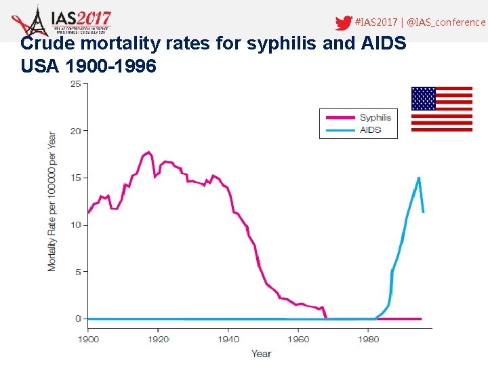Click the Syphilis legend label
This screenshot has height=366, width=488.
[x=375, y=117]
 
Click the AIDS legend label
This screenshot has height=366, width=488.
[x=370, y=129]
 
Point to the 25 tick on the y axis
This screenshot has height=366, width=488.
[x=75, y=84]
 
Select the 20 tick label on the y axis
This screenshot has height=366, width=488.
[x=75, y=131]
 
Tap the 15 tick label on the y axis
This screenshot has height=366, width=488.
[x=75, y=178]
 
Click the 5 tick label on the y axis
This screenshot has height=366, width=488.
[x=77, y=272]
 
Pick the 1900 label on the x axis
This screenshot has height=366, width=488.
[x=88, y=339]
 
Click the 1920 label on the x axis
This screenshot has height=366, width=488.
[x=159, y=339]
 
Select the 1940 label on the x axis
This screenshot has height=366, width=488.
[x=229, y=339]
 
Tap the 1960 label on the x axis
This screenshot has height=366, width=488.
[x=299, y=339]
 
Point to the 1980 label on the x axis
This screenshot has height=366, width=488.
[x=369, y=339]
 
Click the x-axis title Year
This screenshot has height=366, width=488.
[x=261, y=353]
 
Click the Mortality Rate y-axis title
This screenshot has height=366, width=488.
[x=52, y=201]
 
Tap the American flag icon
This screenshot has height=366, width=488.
[x=442, y=108]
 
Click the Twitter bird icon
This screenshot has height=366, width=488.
[x=344, y=23]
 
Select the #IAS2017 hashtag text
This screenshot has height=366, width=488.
[x=377, y=22]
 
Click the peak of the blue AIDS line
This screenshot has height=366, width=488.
[x=419, y=178]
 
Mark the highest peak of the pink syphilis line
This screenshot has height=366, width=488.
[x=148, y=152]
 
